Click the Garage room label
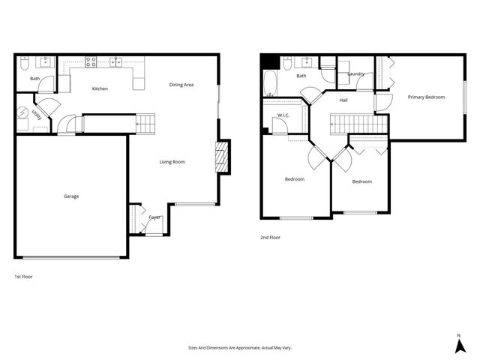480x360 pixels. [x=71, y=196]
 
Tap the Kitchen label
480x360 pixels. [x=100, y=88]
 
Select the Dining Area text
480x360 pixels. [x=181, y=85]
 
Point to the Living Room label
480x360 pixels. [x=172, y=162]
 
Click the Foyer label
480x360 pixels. [x=154, y=217]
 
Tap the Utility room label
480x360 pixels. [x=36, y=115]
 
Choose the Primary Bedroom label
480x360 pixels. [x=426, y=97]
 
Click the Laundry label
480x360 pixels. [x=355, y=74]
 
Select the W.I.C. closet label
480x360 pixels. [x=283, y=115]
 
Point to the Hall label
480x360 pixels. [x=343, y=100]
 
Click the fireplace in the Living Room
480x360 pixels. [x=223, y=157]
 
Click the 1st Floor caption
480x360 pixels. [x=23, y=277]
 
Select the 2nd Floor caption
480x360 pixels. [x=269, y=237]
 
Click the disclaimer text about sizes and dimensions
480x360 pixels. [x=239, y=348]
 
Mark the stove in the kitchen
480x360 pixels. [x=91, y=62]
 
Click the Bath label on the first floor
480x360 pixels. [x=35, y=78]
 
